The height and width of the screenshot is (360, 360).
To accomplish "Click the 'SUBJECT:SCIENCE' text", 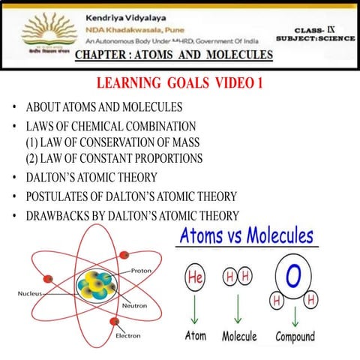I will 316,37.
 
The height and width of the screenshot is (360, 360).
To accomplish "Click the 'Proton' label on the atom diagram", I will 142,270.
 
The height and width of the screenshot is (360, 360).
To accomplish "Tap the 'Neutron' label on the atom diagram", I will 133,307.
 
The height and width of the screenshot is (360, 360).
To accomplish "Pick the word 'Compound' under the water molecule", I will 295,336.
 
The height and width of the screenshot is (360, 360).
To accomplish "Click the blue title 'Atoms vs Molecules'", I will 246,236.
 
